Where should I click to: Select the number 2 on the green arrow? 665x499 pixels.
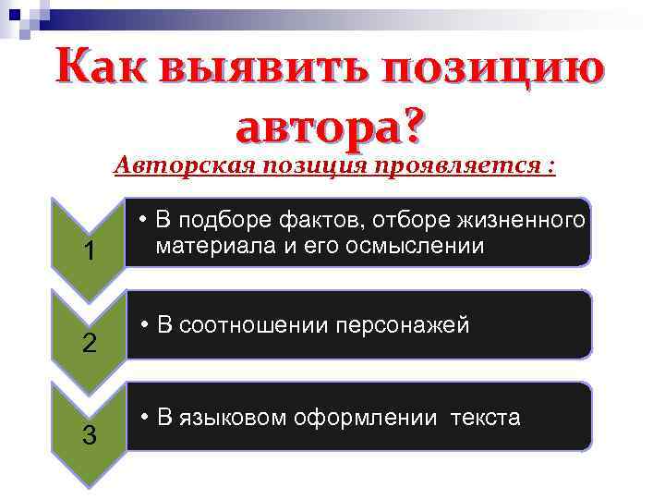click(x=89, y=344)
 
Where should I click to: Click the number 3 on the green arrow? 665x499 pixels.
click(x=89, y=435)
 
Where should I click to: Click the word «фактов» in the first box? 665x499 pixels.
click(x=317, y=221)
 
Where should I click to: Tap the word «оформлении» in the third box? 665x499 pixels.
click(x=367, y=418)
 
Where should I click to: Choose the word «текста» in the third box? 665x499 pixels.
click(x=486, y=418)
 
